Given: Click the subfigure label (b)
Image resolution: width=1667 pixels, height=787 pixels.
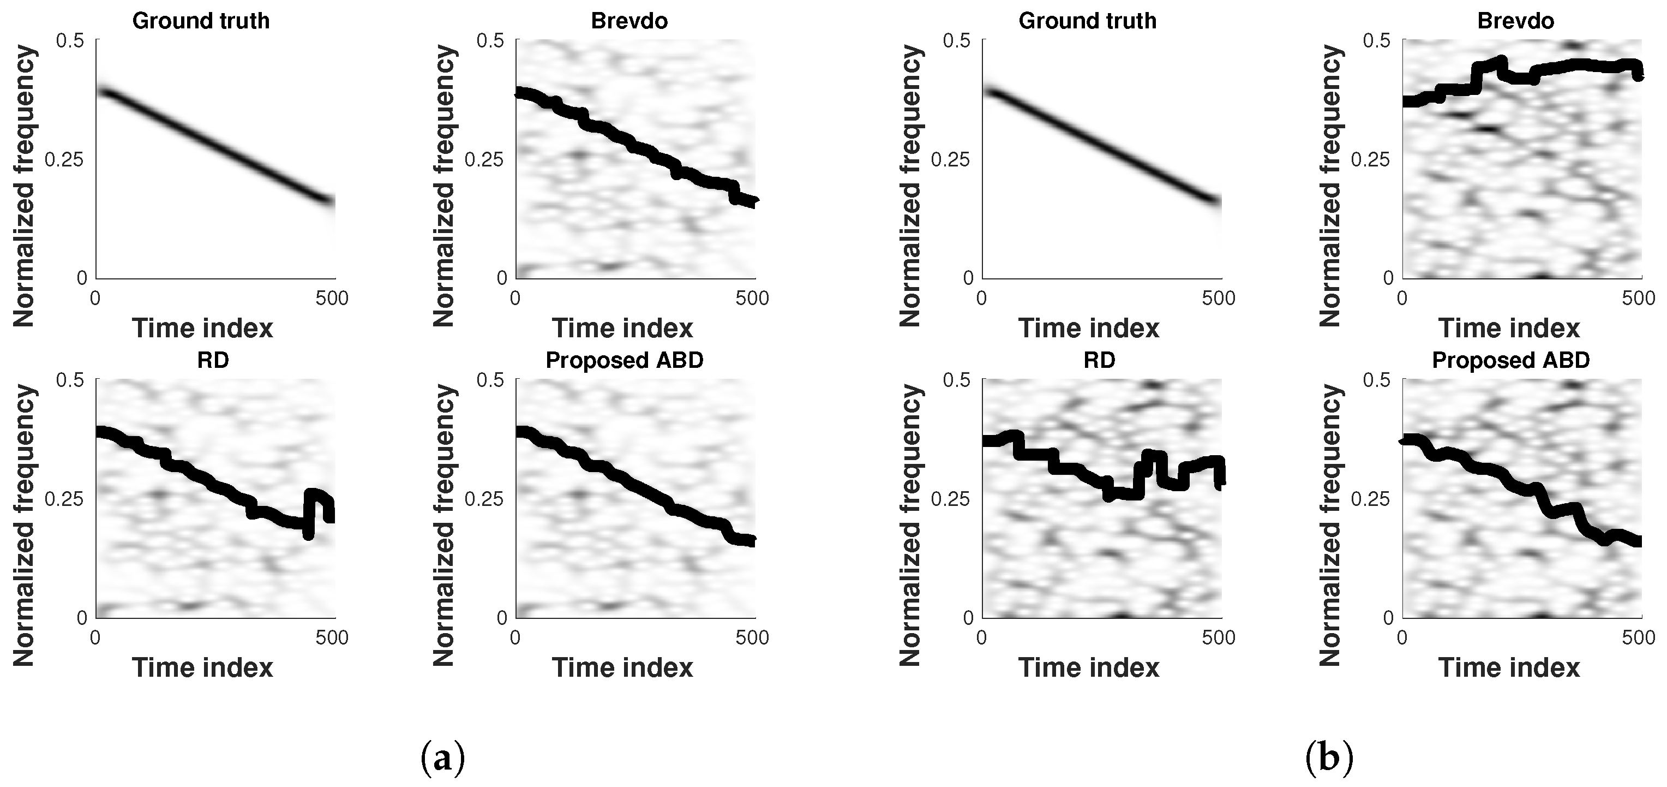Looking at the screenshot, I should point(1329,757).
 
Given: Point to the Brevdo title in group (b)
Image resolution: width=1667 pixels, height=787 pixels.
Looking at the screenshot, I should point(1515,21).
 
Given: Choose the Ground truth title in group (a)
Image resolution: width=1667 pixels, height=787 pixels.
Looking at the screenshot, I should point(201,21).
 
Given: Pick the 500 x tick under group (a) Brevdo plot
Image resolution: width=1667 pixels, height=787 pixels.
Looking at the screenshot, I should point(753,299).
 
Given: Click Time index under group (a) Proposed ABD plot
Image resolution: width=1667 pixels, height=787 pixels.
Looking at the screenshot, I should point(622,668).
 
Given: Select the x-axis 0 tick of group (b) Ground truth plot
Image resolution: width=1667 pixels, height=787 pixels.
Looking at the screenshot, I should point(982,299).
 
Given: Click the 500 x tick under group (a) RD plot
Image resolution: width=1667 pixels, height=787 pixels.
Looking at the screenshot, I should point(332,637).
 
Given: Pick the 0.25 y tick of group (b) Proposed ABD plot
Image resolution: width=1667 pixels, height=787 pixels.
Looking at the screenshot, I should point(1371,499).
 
